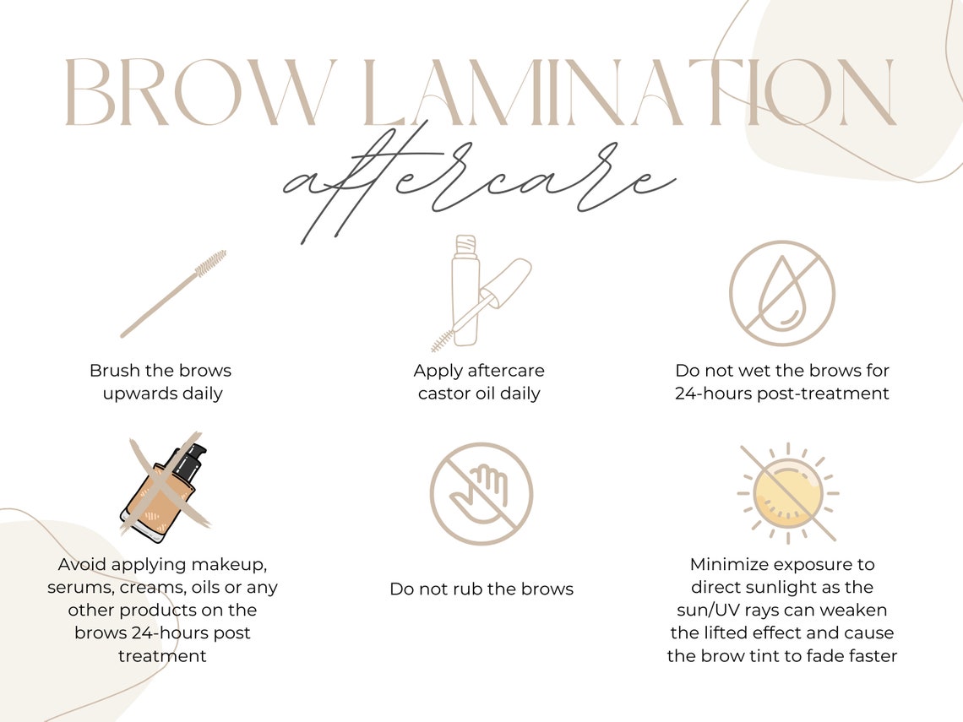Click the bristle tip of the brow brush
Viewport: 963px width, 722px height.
pos(211,262)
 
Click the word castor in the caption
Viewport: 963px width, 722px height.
pos(444,394)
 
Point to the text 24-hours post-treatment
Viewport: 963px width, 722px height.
pos(782,394)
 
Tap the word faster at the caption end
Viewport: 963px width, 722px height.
pos(872,656)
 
